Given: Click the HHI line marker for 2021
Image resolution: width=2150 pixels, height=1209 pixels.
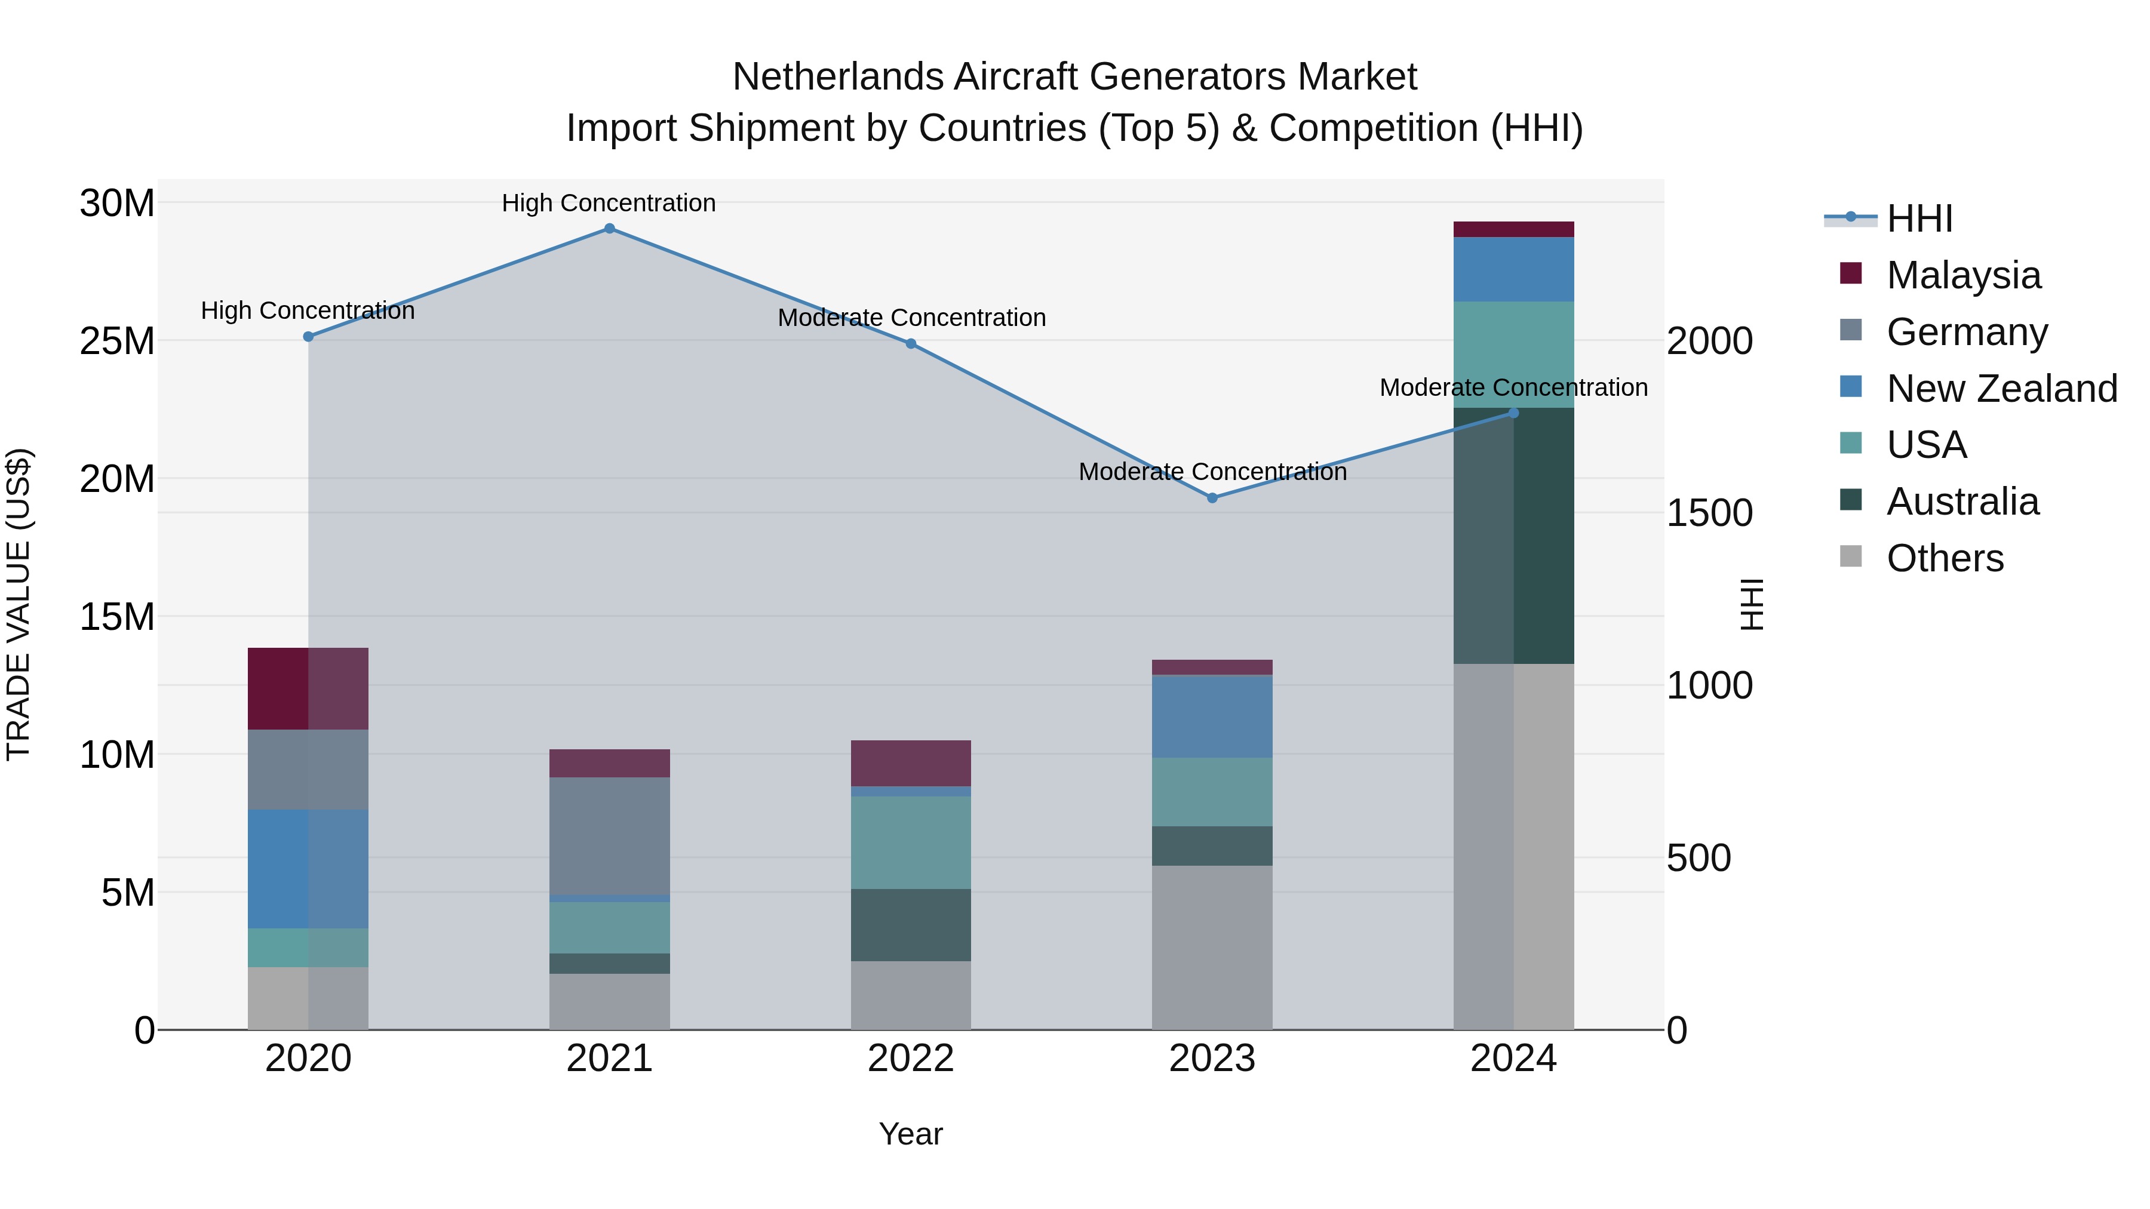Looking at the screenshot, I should point(609,229).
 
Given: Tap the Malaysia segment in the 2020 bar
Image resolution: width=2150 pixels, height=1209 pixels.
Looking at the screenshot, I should point(308,688).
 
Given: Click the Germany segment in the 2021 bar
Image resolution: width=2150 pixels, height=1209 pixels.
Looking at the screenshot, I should point(609,835).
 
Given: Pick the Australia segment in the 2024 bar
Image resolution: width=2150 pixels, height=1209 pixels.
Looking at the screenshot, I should point(1513,536).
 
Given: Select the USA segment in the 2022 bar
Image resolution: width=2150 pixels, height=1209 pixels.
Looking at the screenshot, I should point(911,842).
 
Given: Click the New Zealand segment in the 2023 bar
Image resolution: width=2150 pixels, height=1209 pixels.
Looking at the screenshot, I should point(1212,716).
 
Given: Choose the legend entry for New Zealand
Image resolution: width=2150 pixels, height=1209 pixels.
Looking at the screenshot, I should point(2001,389).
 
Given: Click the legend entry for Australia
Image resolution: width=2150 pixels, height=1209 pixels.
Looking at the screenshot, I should point(1962,502).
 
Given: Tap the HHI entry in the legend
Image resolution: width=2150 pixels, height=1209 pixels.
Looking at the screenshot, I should point(1919,219).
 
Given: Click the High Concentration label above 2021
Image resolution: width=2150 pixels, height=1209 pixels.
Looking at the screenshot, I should point(609,204).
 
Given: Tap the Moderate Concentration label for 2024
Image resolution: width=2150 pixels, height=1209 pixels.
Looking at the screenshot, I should point(1513,388).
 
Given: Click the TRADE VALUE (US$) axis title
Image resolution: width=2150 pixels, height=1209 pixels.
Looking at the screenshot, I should point(19,604).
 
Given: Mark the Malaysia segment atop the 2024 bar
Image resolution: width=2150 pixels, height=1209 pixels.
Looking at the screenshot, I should point(1513,229).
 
